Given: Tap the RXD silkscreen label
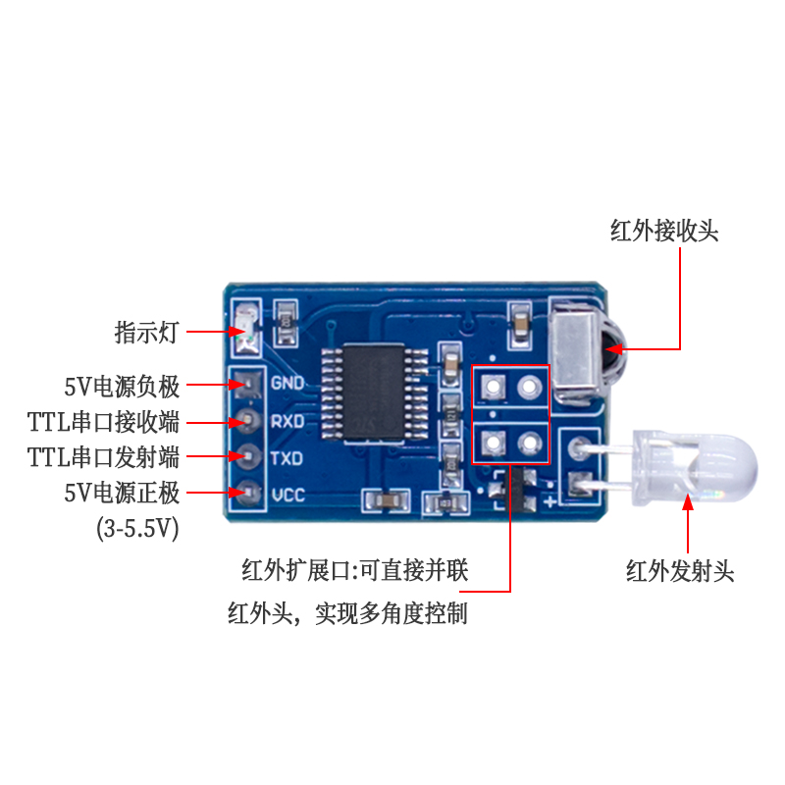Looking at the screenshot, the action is pos(287,421).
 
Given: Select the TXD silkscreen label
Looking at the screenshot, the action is pos(287,458).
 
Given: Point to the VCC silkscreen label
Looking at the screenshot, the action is pos(287,495).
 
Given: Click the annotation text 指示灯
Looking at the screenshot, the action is pos(147,332).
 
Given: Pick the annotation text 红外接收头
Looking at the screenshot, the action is pos(664,232).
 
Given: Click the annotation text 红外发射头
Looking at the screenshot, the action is pos(680,571).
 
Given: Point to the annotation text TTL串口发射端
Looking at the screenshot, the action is pos(104,457).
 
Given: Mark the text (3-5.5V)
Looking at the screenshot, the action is pos(137,529).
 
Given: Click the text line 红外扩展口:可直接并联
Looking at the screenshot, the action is pos(355,571).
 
